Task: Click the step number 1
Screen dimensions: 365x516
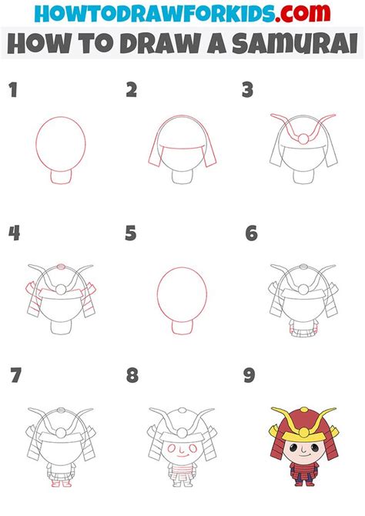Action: coord(13,90)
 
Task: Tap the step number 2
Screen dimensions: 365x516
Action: coord(131,90)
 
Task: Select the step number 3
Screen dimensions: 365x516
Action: coord(247,90)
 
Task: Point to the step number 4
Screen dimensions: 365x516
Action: coord(14,233)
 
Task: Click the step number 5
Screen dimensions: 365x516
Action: coord(131,233)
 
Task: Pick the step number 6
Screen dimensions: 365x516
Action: coord(252,233)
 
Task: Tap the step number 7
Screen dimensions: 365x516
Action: coord(16,375)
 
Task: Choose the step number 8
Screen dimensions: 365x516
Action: coord(132,375)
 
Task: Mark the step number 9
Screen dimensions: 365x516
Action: coord(249,375)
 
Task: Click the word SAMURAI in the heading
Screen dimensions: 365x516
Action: coord(295,43)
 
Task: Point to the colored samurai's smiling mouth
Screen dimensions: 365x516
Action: coord(304,455)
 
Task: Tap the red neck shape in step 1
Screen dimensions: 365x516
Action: coord(61,177)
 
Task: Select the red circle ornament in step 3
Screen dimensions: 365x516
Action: coord(303,139)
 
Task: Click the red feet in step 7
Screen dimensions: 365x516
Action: coord(61,484)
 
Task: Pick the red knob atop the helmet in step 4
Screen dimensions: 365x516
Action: coord(61,266)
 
